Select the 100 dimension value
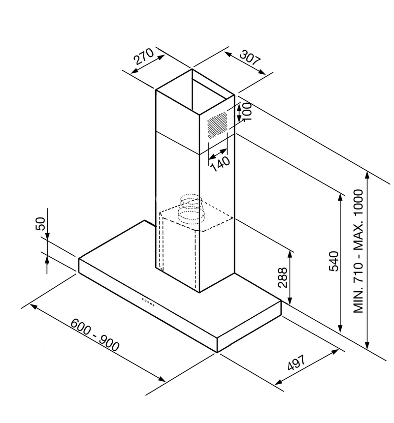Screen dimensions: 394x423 (x=247, y=111)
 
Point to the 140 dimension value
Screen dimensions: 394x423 (x=221, y=164)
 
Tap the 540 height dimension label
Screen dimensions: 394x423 (x=334, y=261)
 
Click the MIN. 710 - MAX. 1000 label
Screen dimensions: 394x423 (x=359, y=251)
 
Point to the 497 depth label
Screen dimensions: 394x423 (x=296, y=363)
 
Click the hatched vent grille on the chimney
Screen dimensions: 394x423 (x=217, y=125)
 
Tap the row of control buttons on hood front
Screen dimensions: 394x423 (x=148, y=302)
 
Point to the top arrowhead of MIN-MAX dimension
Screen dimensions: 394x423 (x=367, y=175)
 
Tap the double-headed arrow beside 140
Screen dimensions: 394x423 (x=218, y=154)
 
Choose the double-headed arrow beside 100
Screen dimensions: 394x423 (x=239, y=113)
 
